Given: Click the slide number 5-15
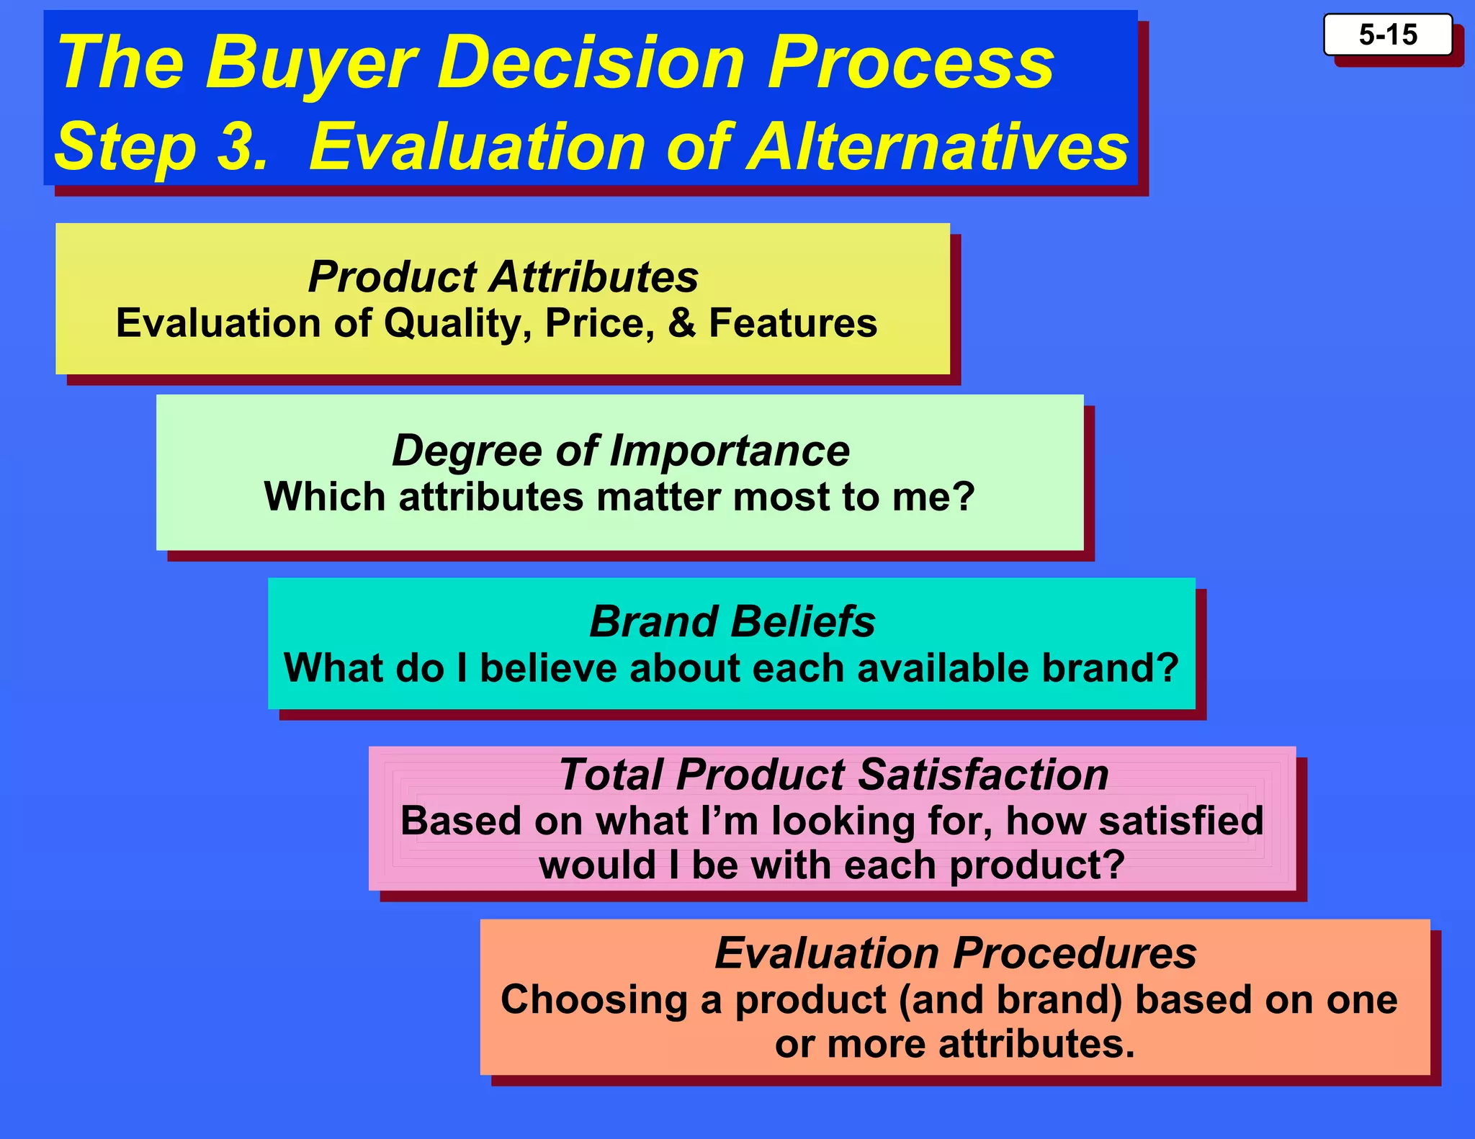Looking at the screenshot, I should [x=1387, y=35].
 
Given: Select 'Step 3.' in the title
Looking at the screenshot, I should [x=161, y=147].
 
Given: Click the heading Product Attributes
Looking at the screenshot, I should [x=503, y=276].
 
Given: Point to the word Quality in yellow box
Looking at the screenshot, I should [x=458, y=324].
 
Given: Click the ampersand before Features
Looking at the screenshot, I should [x=681, y=323].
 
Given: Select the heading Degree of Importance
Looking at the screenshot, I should [x=620, y=451].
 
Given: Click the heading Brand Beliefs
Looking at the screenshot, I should [x=732, y=621].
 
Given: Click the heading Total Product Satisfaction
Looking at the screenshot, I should [x=833, y=775].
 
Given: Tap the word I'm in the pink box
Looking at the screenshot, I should [x=729, y=821].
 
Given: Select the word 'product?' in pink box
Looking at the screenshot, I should [x=1036, y=865].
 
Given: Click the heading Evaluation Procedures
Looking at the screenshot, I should [x=955, y=953].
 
